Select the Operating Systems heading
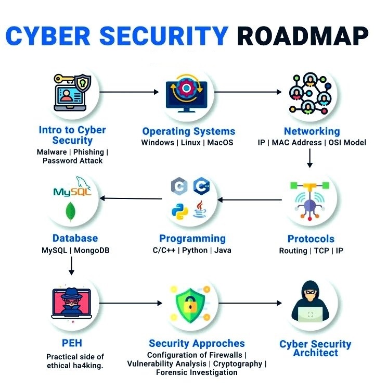click(188, 131)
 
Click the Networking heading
click(312, 131)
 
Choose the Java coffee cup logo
click(200, 209)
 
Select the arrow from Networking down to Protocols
click(309, 158)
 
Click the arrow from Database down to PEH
click(71, 266)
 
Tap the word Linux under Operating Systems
click(190, 143)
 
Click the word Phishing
click(88, 152)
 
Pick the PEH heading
click(71, 343)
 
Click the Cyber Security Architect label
click(315, 348)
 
